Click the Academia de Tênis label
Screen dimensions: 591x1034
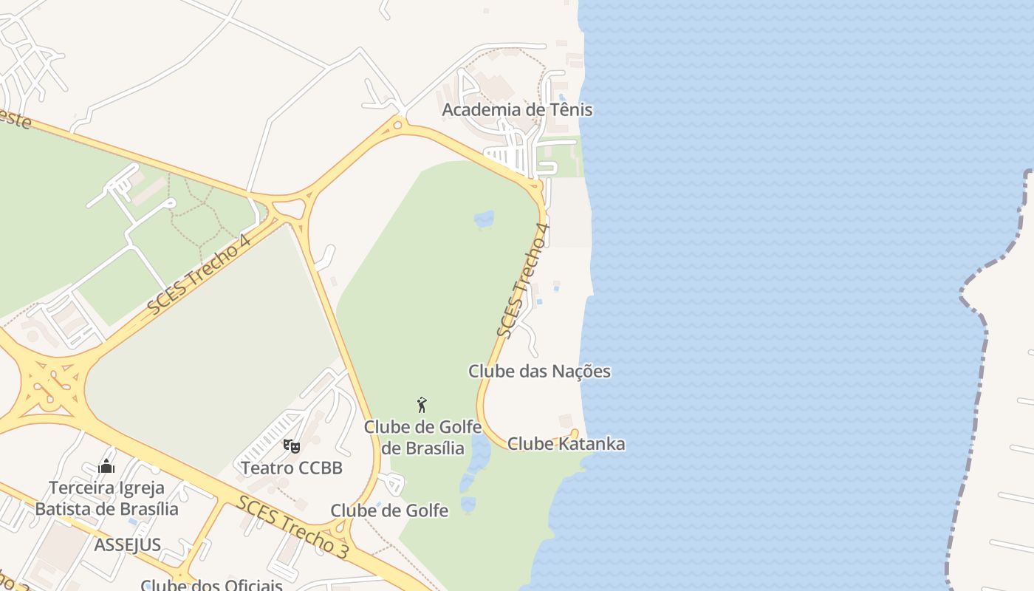pos(517,110)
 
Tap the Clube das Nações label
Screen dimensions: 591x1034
pos(539,371)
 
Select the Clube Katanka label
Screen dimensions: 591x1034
pos(566,444)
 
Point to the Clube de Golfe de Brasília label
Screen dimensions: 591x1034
pos(422,437)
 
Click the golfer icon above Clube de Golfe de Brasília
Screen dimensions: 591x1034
pos(422,405)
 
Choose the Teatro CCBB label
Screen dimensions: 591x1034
pos(291,468)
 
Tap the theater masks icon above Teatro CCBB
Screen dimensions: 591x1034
pos(292,446)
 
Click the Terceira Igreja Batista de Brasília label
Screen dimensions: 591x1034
pos(106,499)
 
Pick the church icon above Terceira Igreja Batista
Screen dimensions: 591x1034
pos(106,466)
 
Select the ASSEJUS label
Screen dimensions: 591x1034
pos(127,545)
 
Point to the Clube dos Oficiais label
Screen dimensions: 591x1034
pos(211,585)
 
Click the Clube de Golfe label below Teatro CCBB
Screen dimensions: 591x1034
pos(389,510)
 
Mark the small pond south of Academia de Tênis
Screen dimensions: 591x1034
pos(484,219)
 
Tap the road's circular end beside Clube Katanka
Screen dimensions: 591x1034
pos(575,433)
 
